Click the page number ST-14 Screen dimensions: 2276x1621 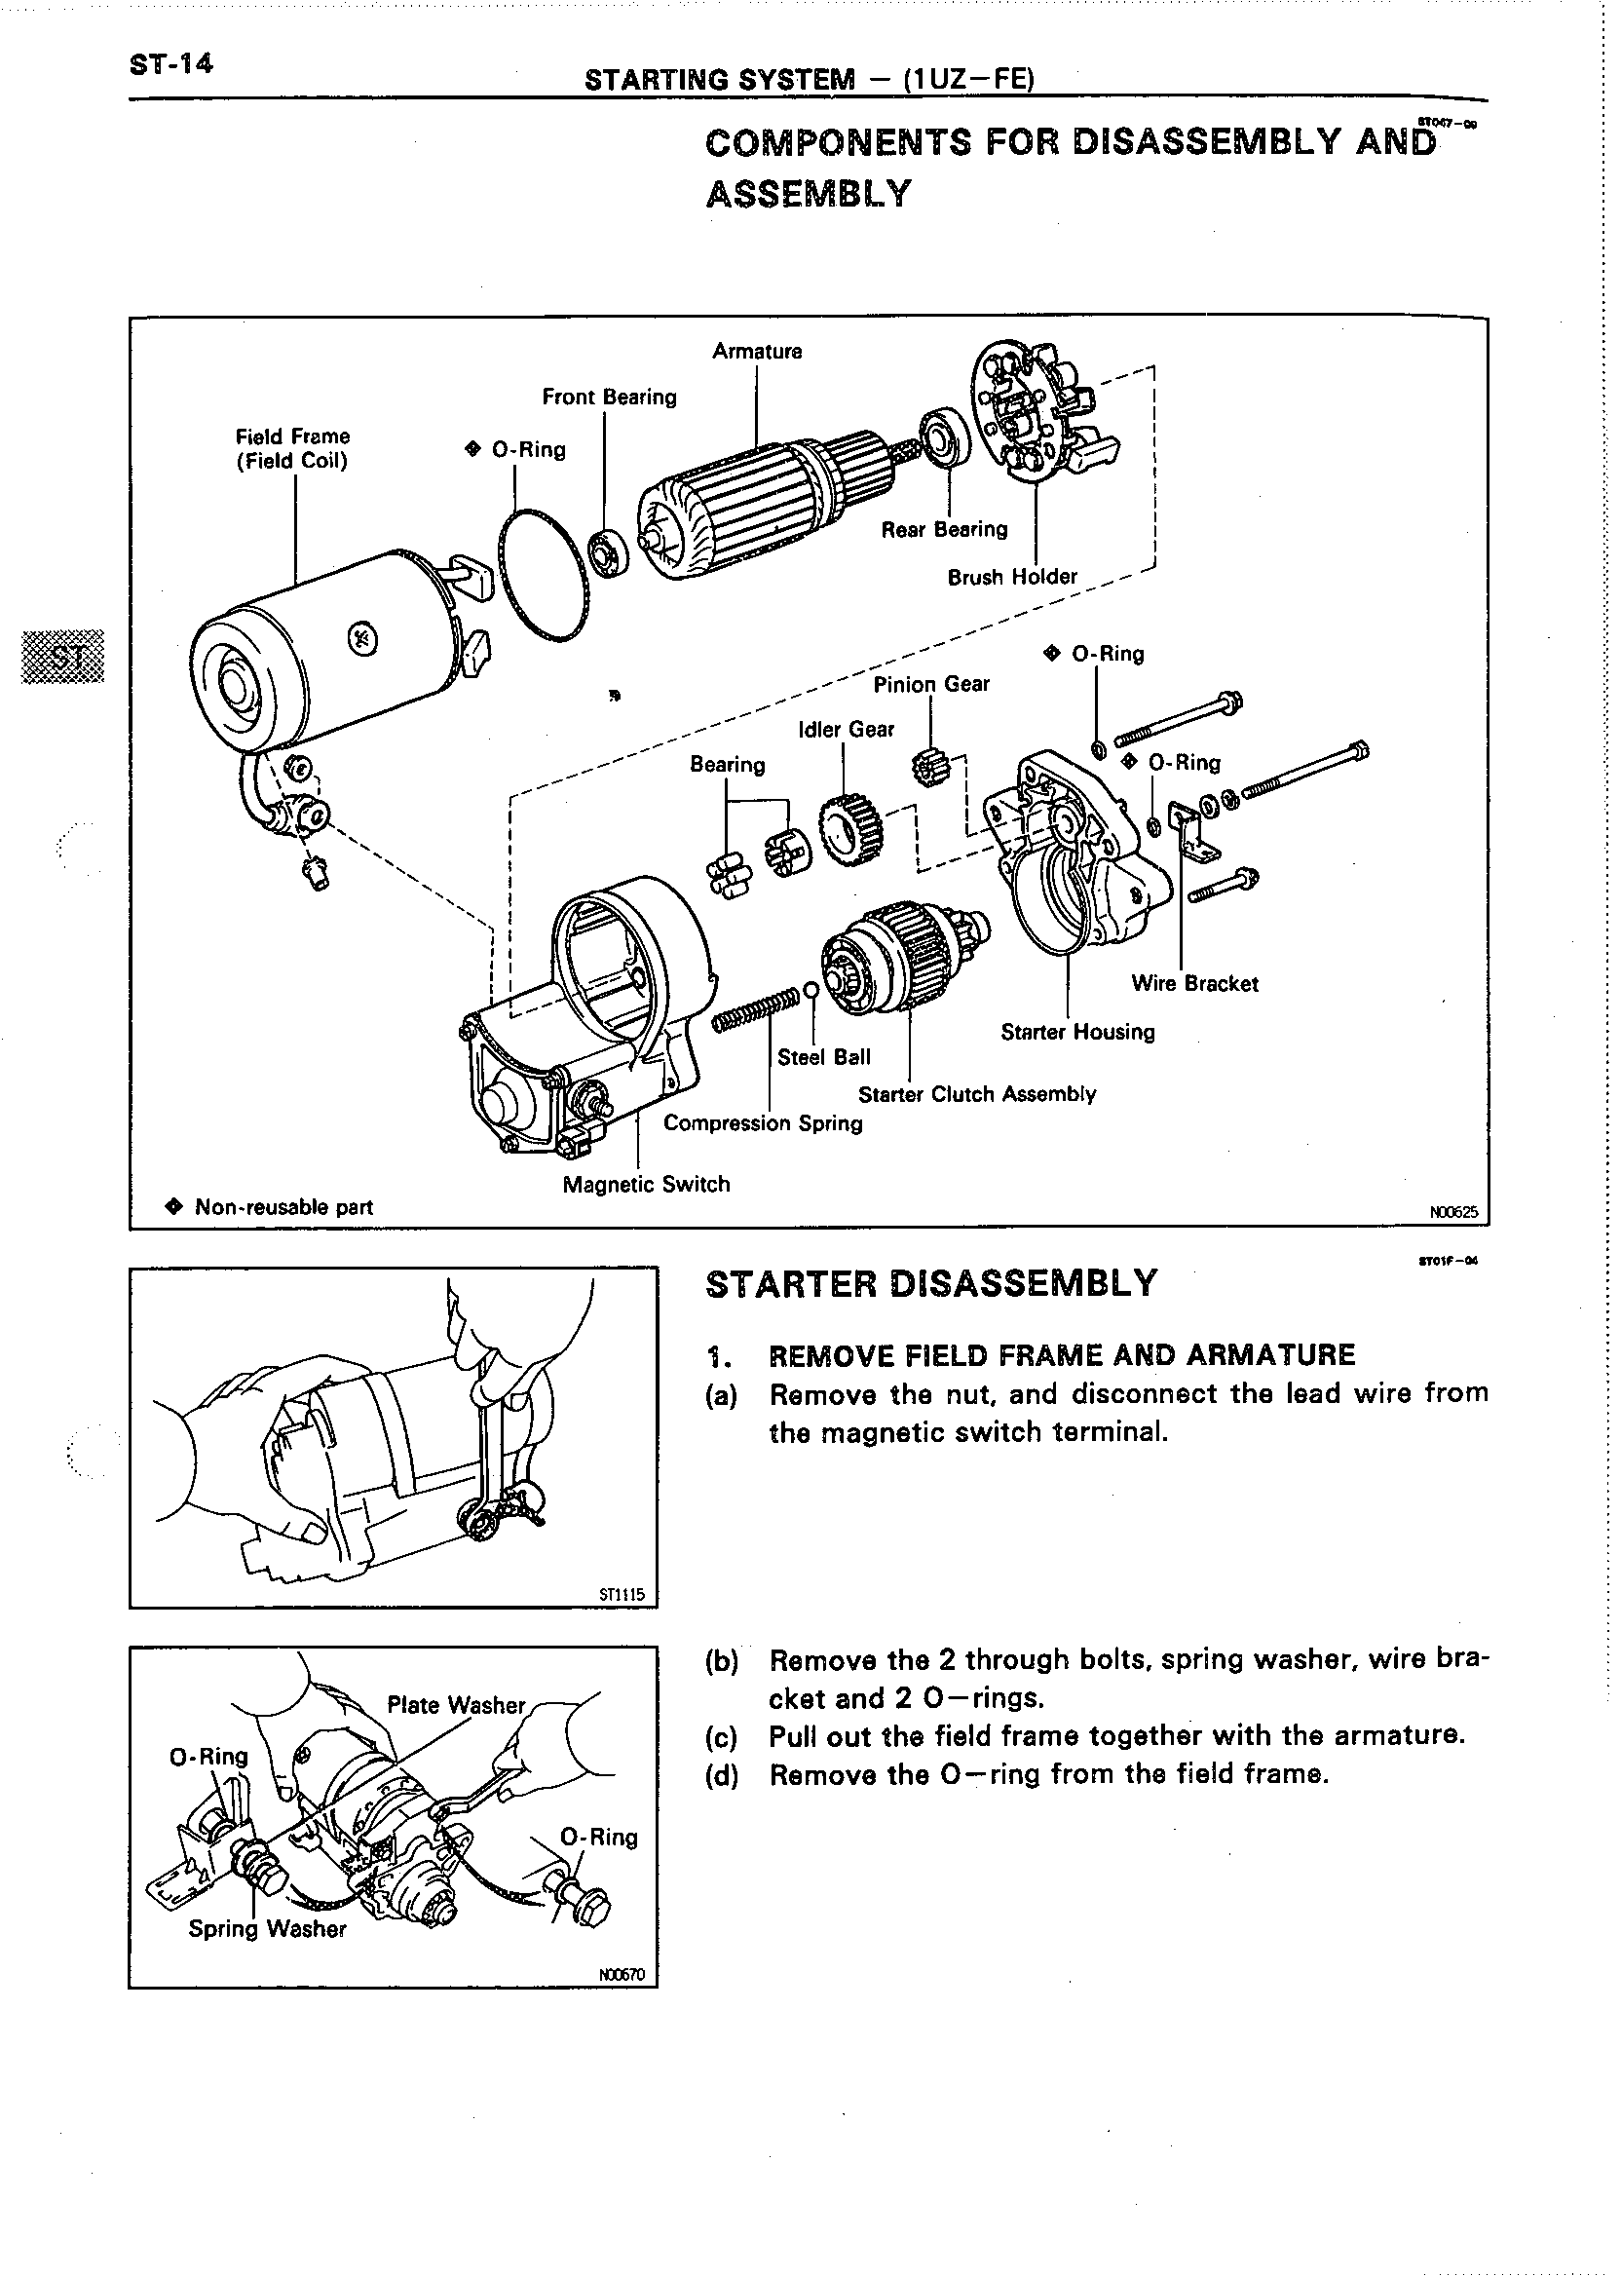coord(170,64)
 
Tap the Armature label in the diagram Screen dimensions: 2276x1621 coord(757,352)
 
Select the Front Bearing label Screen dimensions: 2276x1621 coord(609,398)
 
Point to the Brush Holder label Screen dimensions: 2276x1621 coord(1012,577)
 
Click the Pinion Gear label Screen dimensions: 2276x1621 coord(931,684)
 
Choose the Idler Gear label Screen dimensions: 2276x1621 coord(846,730)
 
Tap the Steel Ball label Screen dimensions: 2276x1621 coord(823,1057)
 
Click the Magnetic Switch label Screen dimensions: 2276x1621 coord(646,1185)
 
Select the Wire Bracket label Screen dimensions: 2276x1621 coord(1193,984)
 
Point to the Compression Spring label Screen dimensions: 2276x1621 coord(763,1124)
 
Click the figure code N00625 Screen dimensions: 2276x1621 coord(1453,1213)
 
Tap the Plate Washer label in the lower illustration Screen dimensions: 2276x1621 coord(455,1705)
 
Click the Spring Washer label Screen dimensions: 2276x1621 coord(267,1929)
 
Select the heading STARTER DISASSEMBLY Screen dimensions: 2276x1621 coord(931,1284)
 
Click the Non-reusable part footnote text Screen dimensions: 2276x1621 coord(283,1207)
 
